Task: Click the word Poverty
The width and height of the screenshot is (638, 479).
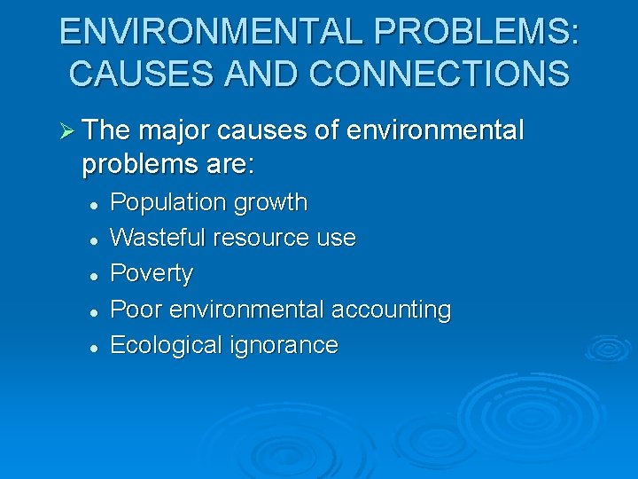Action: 151,274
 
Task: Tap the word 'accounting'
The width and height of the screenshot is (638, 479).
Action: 391,310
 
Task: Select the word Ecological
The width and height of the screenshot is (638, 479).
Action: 165,345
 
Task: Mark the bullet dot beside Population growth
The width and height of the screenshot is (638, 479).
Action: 92,204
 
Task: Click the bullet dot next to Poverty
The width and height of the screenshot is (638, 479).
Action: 92,275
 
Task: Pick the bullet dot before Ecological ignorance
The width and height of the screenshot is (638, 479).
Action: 92,347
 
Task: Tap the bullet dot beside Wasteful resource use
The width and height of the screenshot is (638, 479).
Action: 92,239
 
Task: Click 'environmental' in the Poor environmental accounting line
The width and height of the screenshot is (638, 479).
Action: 247,310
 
